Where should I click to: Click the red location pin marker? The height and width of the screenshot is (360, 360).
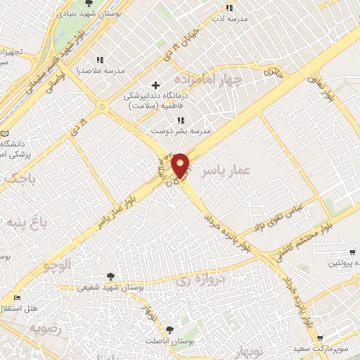click(181, 165)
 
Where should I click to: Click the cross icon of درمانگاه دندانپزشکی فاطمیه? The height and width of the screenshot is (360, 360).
click(155, 86)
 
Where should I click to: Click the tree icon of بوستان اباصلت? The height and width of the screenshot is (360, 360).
click(169, 329)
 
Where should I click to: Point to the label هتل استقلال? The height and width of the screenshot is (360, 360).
click(21, 309)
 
